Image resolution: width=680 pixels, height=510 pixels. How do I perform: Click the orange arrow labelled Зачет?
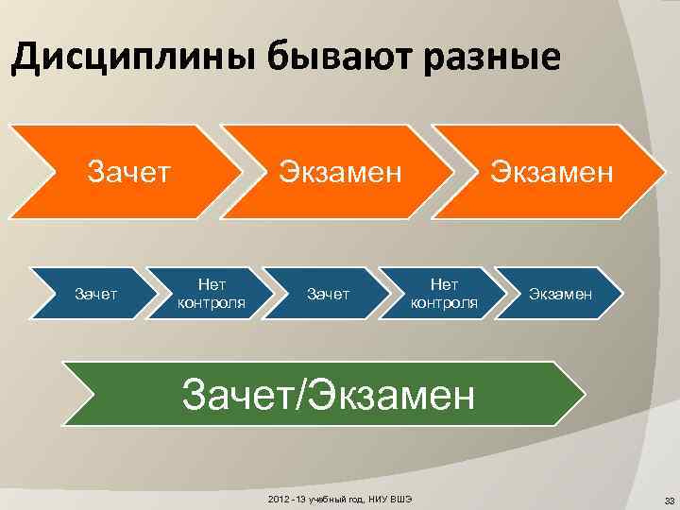tap(128, 173)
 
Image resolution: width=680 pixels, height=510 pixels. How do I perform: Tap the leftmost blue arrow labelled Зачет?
tap(96, 294)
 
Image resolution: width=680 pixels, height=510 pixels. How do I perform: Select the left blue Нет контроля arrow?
tap(211, 294)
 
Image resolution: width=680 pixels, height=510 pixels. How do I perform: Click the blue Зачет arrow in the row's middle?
tap(327, 294)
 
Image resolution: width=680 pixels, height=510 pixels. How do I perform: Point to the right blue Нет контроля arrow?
tap(444, 294)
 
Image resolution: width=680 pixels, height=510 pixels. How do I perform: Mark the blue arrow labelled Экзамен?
tap(561, 294)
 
